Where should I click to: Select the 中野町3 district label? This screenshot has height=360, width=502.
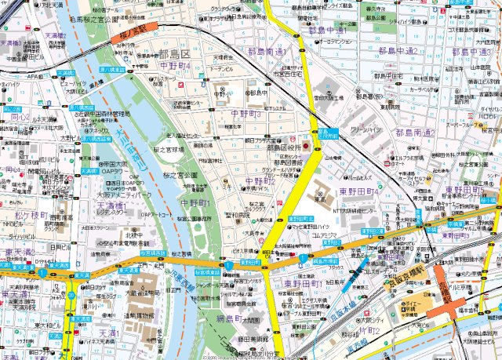tap(246, 115)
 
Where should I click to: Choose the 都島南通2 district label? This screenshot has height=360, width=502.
tap(416, 133)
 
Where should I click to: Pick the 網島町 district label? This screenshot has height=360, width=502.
tap(232, 320)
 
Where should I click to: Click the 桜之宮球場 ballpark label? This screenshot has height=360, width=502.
tap(168, 148)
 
